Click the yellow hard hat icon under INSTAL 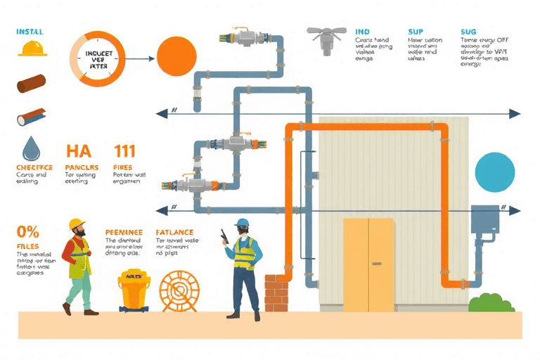point(32,48)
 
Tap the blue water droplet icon point(32,149)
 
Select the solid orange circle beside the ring point(176,56)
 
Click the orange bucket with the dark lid point(134,288)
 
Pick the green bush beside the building point(491,303)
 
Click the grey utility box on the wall point(484,221)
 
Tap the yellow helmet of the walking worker point(77,224)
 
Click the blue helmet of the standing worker point(242,223)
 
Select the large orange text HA point(78,151)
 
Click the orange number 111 point(124,151)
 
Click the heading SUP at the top point(416,32)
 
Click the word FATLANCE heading point(174,231)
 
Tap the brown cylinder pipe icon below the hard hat point(31,85)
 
